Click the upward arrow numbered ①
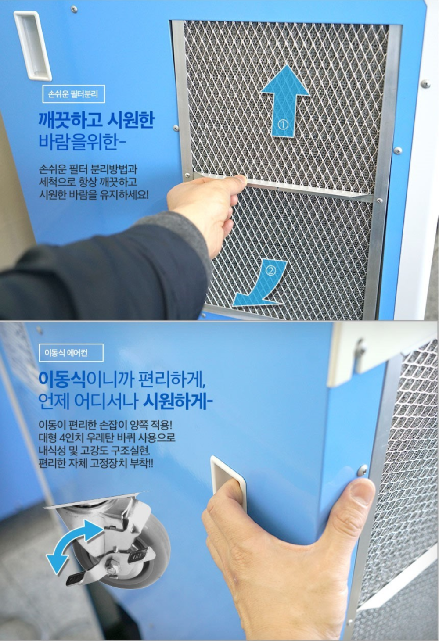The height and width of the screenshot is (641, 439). click(x=285, y=102)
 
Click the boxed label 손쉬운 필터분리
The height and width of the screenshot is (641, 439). click(x=74, y=94)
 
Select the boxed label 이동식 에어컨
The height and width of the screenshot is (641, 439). click(x=71, y=353)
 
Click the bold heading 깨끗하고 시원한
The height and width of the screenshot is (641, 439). click(x=96, y=120)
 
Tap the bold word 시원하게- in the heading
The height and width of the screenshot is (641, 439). click(x=178, y=402)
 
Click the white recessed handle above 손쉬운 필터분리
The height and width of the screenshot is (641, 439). click(x=32, y=46)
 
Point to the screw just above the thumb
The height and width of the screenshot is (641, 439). click(x=363, y=469)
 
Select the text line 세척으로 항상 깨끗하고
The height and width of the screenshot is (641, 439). click(x=88, y=182)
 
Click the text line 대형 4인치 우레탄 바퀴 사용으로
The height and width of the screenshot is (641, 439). click(x=107, y=438)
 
